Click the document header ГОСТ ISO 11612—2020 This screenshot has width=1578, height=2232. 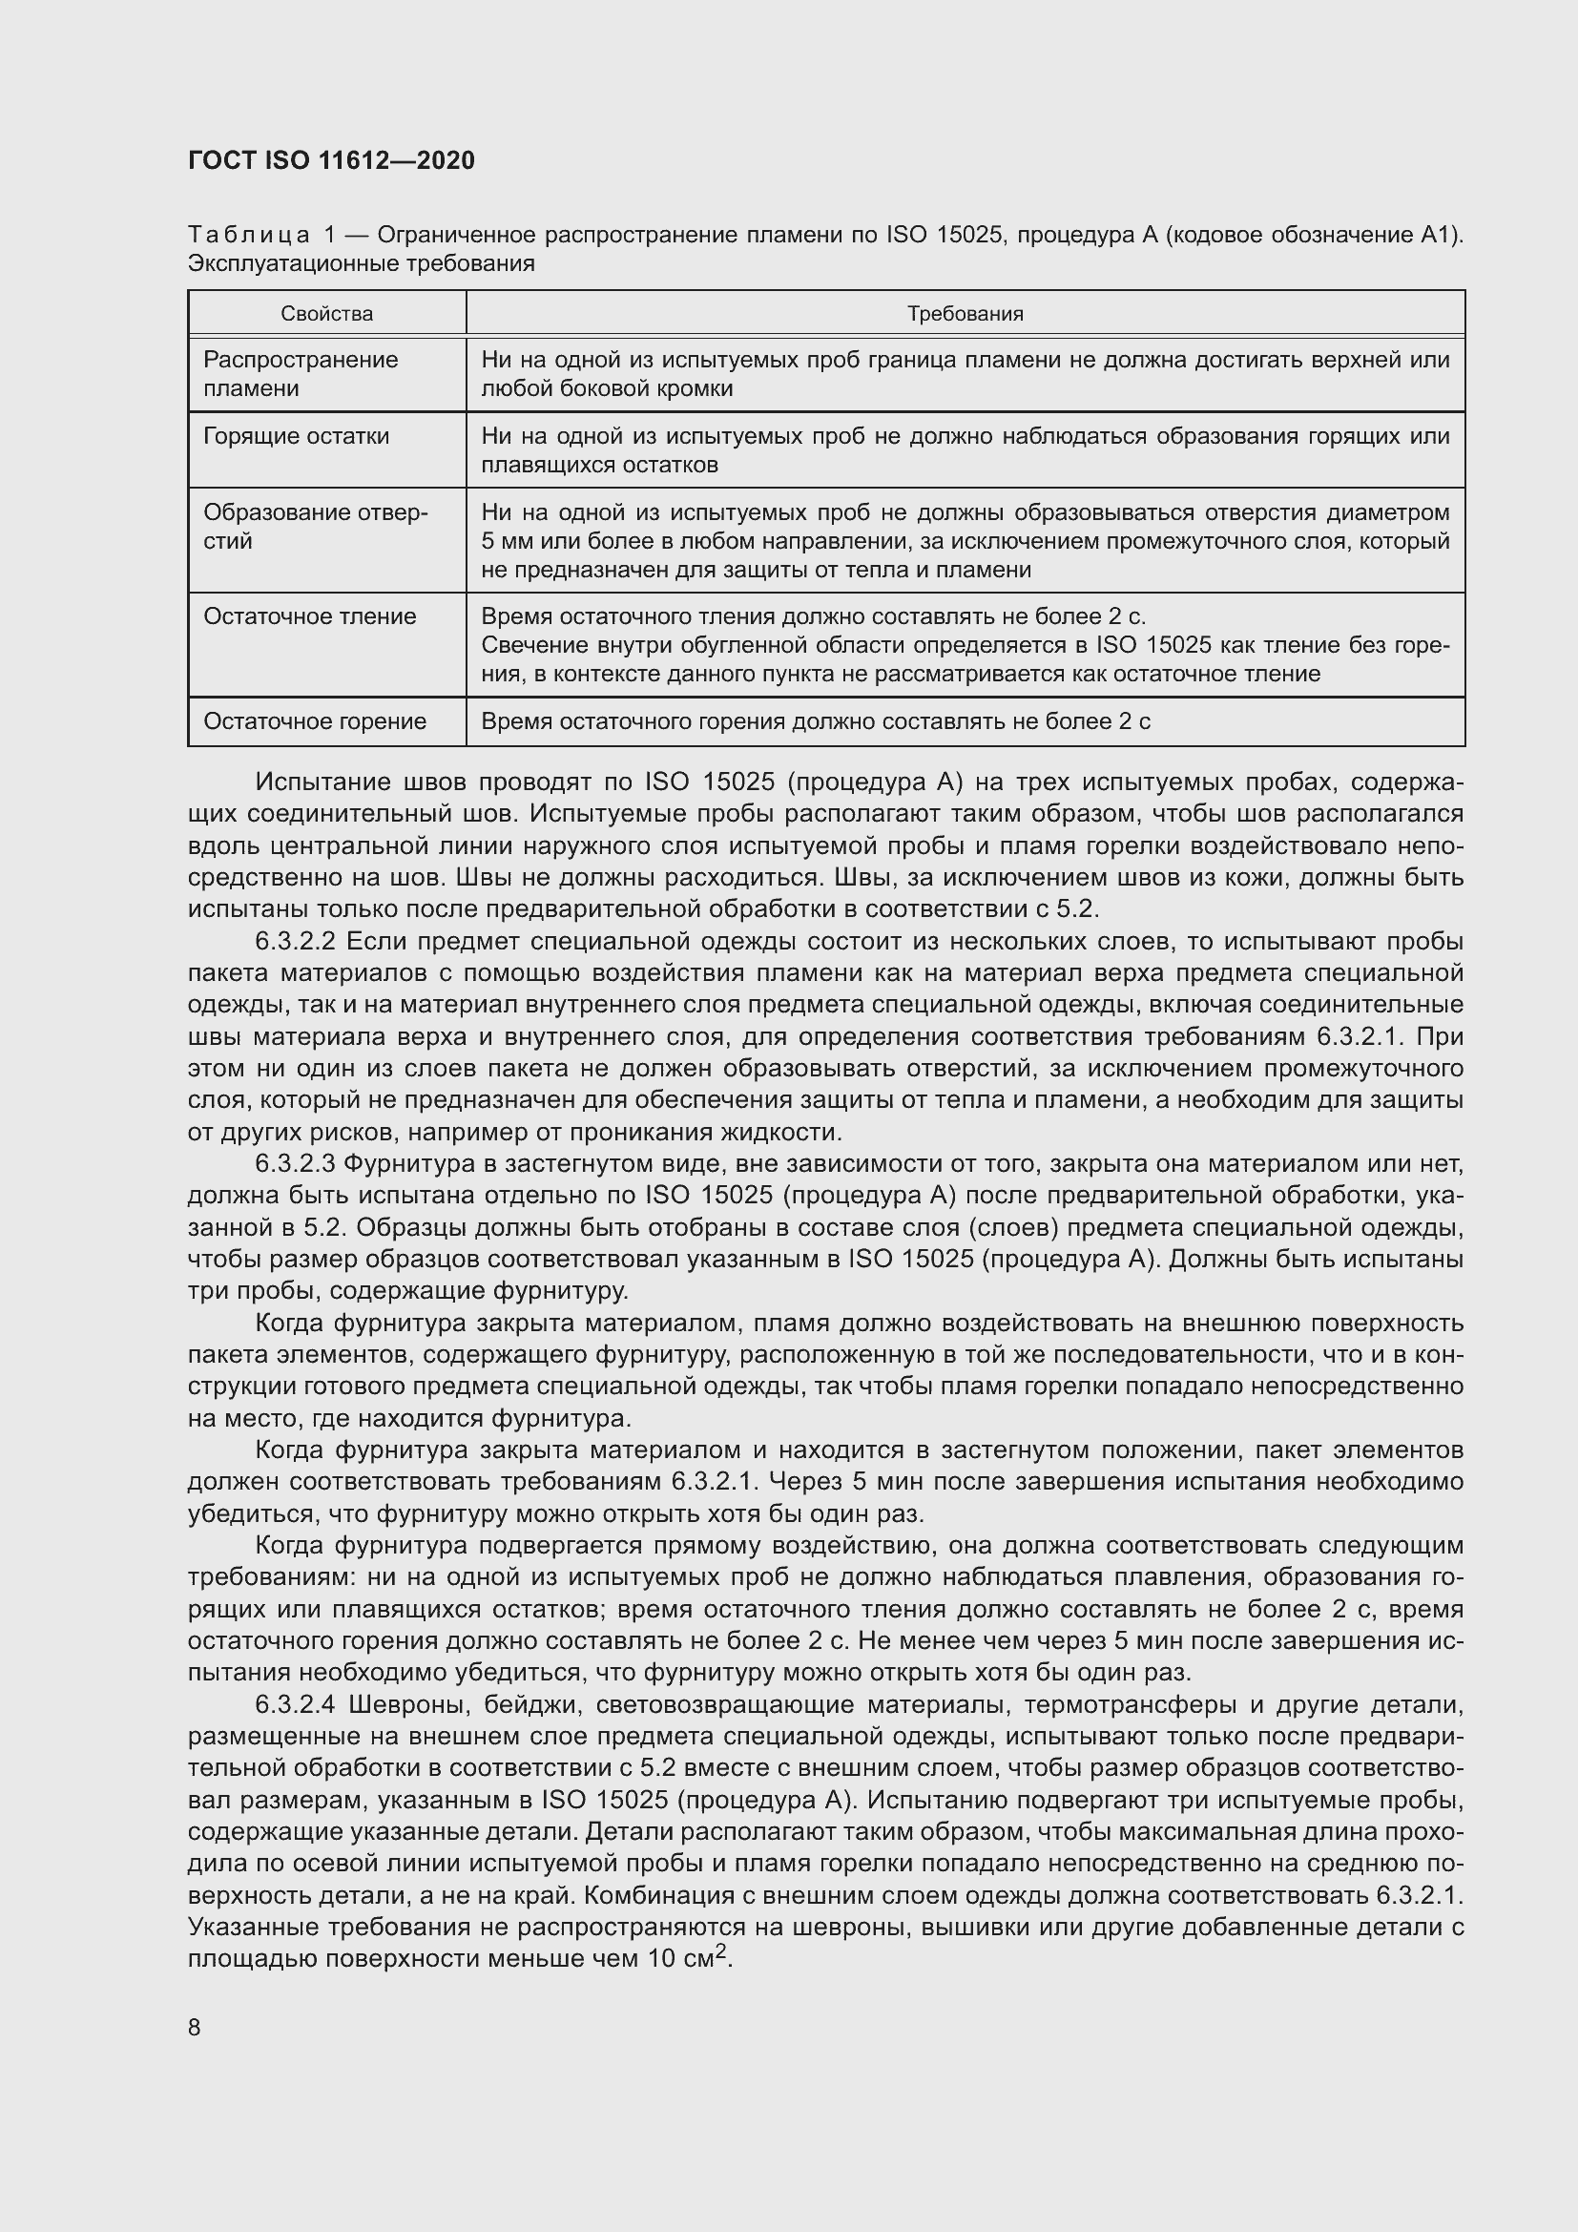click(330, 160)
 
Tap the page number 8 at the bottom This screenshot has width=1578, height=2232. click(195, 2027)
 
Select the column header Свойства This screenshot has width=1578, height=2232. click(326, 314)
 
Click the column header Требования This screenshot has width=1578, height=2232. click(965, 314)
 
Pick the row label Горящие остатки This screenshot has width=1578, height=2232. click(297, 436)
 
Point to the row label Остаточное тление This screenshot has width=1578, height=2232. click(310, 616)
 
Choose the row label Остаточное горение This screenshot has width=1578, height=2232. click(315, 721)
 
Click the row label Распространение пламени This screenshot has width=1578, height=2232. click(301, 374)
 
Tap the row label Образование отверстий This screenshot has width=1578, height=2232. click(315, 527)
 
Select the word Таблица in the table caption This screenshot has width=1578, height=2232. click(249, 236)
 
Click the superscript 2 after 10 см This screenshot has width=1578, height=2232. click(721, 1953)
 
